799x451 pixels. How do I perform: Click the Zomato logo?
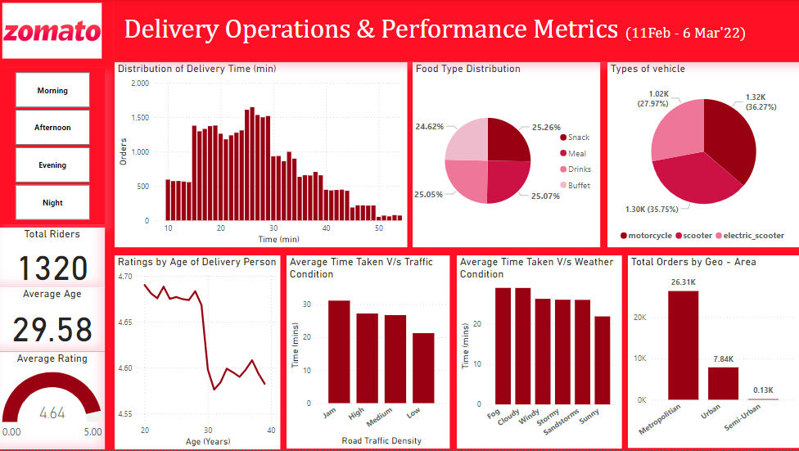(52, 32)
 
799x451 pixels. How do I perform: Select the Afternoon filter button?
(52, 128)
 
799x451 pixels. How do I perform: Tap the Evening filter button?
(52, 165)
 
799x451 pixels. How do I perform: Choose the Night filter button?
(52, 203)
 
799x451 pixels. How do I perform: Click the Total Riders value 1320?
(52, 268)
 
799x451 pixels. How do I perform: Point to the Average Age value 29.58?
(52, 329)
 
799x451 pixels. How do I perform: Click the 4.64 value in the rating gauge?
(52, 413)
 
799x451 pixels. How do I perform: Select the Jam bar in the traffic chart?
(339, 352)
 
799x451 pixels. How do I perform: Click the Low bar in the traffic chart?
(423, 368)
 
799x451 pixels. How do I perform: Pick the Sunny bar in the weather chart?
(603, 360)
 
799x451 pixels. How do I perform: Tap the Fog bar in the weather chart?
(503, 345)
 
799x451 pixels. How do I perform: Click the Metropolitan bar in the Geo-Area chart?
(683, 345)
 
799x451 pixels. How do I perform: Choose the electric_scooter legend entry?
(750, 236)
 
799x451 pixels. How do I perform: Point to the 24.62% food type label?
(429, 127)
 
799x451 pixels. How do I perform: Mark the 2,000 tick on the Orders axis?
(139, 83)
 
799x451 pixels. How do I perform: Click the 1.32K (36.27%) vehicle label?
(759, 101)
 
